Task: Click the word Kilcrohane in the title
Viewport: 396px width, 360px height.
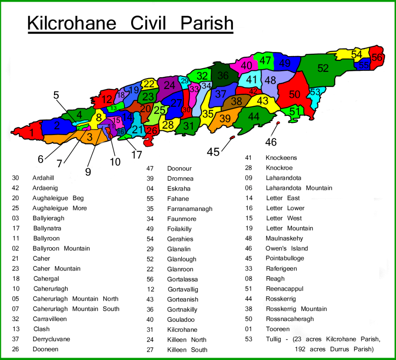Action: coord(72,24)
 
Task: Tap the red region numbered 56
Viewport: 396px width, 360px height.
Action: coord(377,57)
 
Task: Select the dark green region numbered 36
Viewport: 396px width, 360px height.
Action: coord(223,75)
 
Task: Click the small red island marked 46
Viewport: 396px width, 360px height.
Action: coord(278,123)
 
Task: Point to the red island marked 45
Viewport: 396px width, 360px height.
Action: coord(232,137)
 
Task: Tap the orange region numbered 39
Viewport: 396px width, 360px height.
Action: coord(225,119)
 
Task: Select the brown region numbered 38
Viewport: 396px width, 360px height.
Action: coord(236,102)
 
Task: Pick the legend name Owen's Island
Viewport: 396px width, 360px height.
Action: coord(287,248)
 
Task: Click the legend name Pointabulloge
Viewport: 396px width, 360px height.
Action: coord(285,258)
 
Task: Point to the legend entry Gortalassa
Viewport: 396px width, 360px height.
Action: coord(182,279)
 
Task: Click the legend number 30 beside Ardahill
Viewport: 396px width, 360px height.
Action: coord(15,178)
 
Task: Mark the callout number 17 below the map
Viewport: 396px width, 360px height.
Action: coord(137,154)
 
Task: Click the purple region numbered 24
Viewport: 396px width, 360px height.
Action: coord(169,85)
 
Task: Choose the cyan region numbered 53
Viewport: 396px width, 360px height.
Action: coord(315,92)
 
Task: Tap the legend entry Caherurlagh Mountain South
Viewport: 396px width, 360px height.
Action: coord(76,309)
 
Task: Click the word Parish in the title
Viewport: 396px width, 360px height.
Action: coord(207,24)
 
